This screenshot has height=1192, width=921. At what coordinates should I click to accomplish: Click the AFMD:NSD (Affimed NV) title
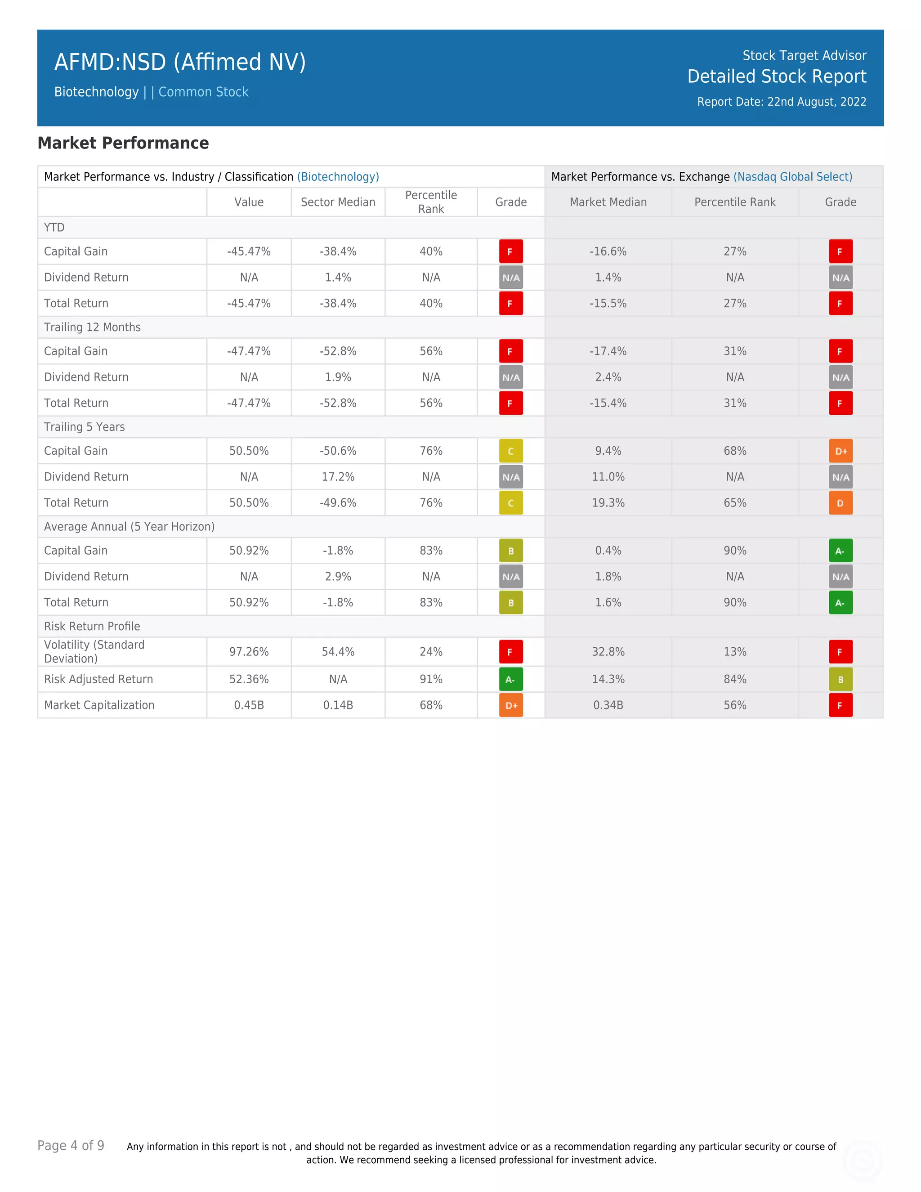point(179,62)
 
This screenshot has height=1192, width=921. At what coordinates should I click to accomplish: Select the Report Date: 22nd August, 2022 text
point(781,102)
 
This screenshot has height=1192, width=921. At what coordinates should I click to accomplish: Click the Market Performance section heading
point(123,143)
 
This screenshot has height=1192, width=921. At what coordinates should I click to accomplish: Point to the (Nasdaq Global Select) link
point(792,177)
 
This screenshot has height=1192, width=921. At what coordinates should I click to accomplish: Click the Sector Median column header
point(338,202)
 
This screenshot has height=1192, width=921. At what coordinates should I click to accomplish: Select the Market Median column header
point(608,202)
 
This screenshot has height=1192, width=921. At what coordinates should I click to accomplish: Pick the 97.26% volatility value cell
point(249,652)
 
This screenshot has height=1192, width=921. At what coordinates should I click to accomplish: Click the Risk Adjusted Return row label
point(98,680)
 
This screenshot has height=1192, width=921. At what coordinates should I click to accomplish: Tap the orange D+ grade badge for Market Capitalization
point(511,705)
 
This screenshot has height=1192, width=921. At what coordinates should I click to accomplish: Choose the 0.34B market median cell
point(608,705)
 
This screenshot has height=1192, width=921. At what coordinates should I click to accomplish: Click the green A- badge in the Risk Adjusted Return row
point(511,680)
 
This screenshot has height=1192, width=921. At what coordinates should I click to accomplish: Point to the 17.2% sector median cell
point(338,477)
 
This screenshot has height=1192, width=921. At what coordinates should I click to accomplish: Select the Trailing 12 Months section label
point(92,327)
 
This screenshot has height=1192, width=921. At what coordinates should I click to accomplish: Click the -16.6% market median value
point(608,251)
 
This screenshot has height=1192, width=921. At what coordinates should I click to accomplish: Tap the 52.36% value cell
point(249,680)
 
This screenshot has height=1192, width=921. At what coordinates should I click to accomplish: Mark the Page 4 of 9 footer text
point(71,1146)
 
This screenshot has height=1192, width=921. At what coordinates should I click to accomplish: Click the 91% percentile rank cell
point(430,680)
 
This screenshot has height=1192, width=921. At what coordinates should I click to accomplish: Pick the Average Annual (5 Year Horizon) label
point(129,527)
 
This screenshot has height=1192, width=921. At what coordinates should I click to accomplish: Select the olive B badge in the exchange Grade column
point(840,680)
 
